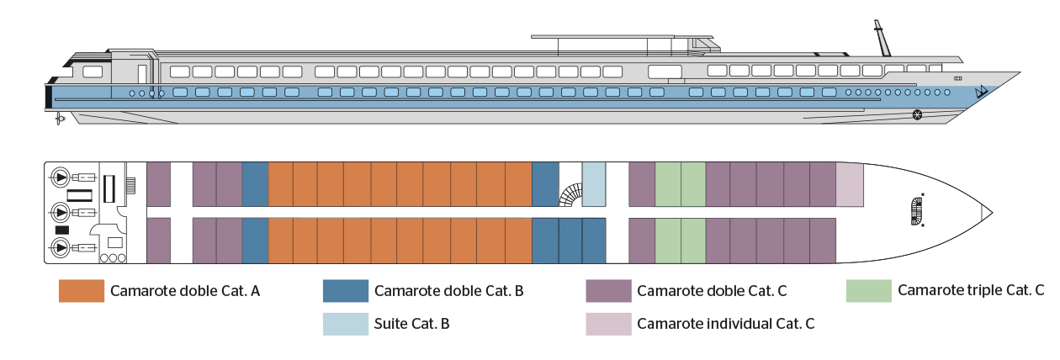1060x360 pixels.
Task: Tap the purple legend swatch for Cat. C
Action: [x=608, y=291]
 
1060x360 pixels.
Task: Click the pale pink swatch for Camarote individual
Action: [x=608, y=323]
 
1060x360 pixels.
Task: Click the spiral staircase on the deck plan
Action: [x=570, y=196]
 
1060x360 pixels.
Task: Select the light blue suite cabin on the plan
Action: [x=594, y=184]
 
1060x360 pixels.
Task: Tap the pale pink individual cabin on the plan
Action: [x=850, y=184]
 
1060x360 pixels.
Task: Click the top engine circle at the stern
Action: [x=61, y=178]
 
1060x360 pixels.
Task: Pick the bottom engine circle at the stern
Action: [x=61, y=247]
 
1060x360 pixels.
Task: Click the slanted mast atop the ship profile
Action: [x=882, y=39]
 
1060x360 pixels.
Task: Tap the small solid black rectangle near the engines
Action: [x=61, y=230]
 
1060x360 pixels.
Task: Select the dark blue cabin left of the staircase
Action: [x=545, y=184]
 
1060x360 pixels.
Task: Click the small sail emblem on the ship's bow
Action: [x=979, y=92]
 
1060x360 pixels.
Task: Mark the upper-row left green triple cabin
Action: [x=667, y=184]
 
